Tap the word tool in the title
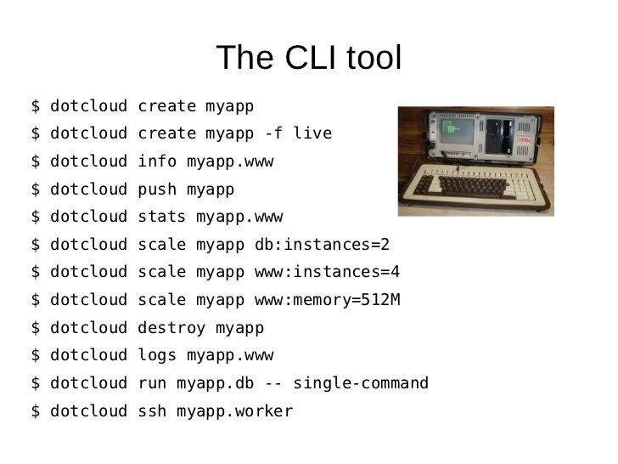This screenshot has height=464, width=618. (x=374, y=58)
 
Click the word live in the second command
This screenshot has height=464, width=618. (x=312, y=133)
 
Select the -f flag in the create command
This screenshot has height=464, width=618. (x=273, y=133)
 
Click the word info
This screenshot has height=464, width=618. (x=157, y=161)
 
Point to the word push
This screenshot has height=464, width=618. (x=157, y=190)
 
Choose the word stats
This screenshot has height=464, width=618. (x=161, y=217)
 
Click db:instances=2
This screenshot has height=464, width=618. (x=322, y=244)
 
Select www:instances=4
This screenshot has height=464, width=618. (x=327, y=272)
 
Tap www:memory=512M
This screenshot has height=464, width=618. (x=328, y=300)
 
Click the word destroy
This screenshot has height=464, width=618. (x=171, y=328)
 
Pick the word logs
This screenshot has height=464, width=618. (x=157, y=355)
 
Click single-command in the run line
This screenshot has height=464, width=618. (x=361, y=383)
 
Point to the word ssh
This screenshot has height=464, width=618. (x=152, y=411)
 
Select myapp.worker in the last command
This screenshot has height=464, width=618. (x=235, y=411)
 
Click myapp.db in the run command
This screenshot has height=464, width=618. (x=216, y=383)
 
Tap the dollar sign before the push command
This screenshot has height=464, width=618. (x=36, y=190)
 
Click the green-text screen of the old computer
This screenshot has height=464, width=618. (x=457, y=132)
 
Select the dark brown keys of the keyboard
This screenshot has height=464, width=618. (x=465, y=185)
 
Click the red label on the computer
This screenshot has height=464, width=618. (x=524, y=140)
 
